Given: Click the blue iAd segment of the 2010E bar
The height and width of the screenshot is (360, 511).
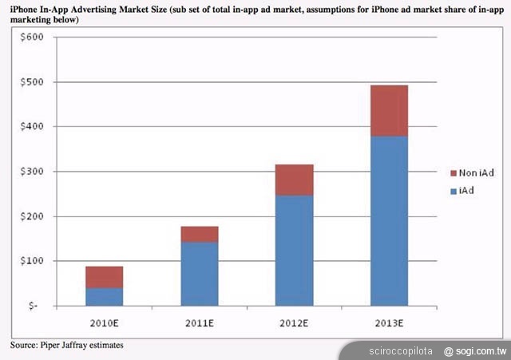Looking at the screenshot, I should pos(104,296).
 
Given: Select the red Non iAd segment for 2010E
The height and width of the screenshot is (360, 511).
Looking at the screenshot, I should pos(104,277).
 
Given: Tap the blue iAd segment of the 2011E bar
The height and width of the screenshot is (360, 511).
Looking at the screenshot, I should pos(199,274).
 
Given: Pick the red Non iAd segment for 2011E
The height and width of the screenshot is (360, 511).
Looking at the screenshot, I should pos(199,234).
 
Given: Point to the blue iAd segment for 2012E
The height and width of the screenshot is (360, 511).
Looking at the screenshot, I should pos(295,251).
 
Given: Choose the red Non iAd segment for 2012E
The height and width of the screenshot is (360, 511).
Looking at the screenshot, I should pos(295,180).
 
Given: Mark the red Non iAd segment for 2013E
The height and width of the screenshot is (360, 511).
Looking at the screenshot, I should pos(390,111).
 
